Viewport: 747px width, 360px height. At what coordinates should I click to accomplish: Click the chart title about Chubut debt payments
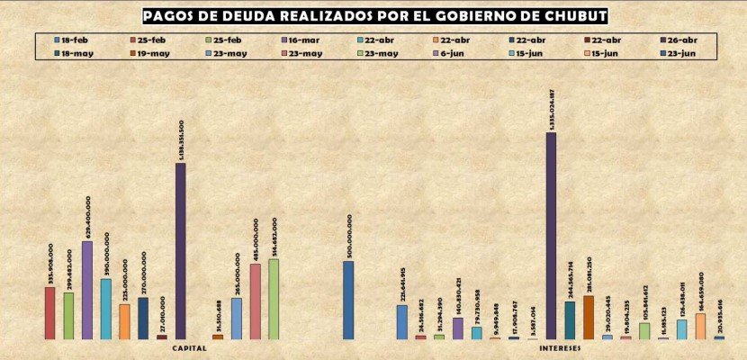coord(374,17)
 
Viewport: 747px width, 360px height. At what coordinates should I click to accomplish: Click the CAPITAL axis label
coord(190,347)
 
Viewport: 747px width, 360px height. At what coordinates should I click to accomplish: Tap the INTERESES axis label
coord(560,347)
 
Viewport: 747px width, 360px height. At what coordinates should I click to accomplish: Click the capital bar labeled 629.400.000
coord(87,290)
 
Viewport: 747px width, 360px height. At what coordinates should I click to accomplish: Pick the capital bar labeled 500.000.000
coord(348,300)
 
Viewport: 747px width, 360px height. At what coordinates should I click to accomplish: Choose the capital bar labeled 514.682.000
coord(274,299)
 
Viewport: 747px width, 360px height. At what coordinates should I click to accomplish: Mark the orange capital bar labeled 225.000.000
coord(124,321)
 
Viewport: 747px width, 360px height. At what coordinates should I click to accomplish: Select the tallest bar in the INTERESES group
coord(551,236)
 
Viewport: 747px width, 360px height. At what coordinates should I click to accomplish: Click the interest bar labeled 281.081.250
coord(589,317)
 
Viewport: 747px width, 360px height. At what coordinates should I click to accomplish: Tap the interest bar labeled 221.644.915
coord(402,321)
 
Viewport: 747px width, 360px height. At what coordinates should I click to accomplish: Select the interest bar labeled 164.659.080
coord(700,326)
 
